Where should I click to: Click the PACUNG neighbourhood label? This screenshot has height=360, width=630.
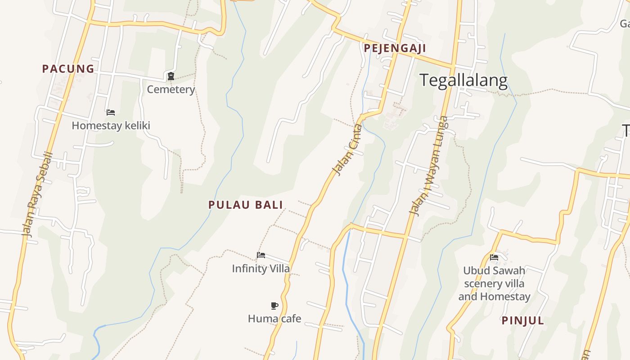[x=68, y=69]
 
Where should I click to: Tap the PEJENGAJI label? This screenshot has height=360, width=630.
[x=395, y=48]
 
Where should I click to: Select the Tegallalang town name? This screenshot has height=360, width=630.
[x=463, y=81]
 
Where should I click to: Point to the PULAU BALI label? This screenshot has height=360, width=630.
[x=246, y=205]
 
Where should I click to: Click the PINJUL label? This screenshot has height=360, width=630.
[x=523, y=321]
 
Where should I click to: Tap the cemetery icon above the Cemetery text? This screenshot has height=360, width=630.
[x=171, y=76]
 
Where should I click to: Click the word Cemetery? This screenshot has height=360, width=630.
[x=171, y=90]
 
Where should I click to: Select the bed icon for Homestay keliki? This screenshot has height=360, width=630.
[x=111, y=112]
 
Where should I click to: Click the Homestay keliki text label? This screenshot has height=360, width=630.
[x=111, y=126]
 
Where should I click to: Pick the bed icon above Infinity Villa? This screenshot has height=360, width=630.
[x=261, y=255]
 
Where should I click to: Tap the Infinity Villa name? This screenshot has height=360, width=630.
[x=261, y=269]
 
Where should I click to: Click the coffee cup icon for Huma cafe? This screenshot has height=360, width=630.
[x=274, y=306]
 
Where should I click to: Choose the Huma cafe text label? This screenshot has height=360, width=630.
[x=274, y=319]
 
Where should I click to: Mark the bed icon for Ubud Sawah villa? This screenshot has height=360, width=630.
[x=494, y=257]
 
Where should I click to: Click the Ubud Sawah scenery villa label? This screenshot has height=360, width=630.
[x=494, y=283]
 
